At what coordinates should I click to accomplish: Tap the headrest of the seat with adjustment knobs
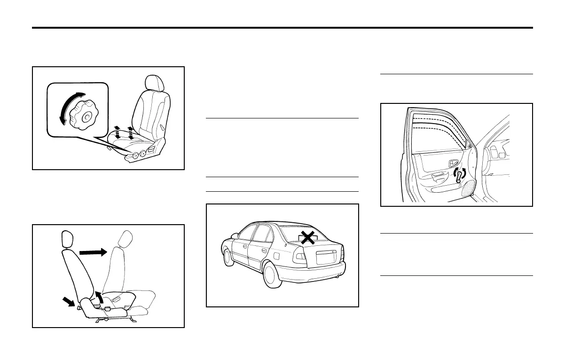coord(155,83)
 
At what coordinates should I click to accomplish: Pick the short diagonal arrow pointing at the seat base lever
coord(69,301)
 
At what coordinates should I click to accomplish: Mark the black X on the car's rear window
coord(308,238)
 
